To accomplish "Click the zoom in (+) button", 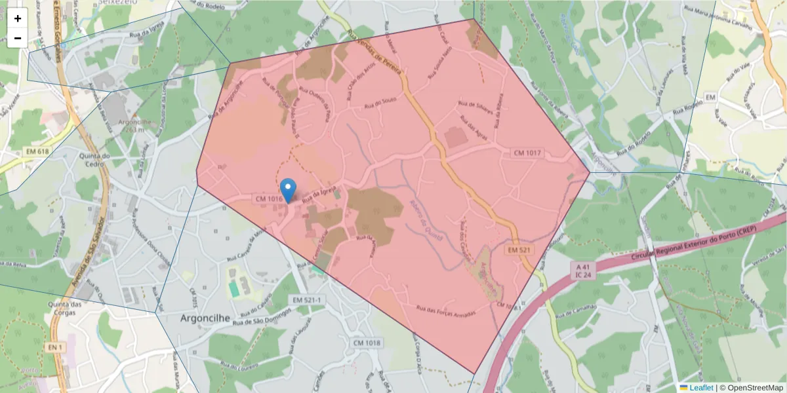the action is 18,18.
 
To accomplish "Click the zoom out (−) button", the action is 18,38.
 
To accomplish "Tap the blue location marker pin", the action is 288,189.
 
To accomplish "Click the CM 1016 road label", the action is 269,198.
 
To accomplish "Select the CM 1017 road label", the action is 527,153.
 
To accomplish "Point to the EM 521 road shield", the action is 519,250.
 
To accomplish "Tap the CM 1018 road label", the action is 367,343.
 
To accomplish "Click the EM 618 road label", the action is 37,151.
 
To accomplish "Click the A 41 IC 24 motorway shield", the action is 582,271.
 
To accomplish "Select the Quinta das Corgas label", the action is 67,309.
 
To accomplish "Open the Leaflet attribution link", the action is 700,388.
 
